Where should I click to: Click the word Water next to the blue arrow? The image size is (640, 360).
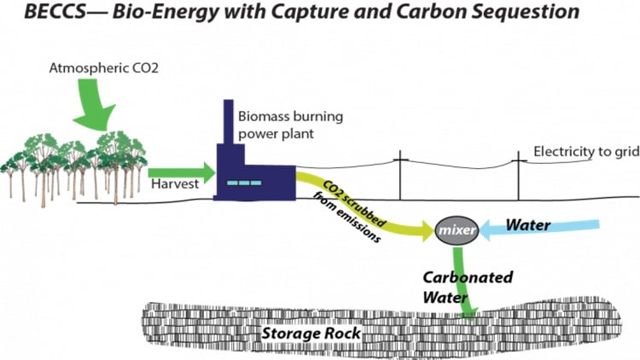528,226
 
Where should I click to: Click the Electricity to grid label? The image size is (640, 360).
585,152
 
